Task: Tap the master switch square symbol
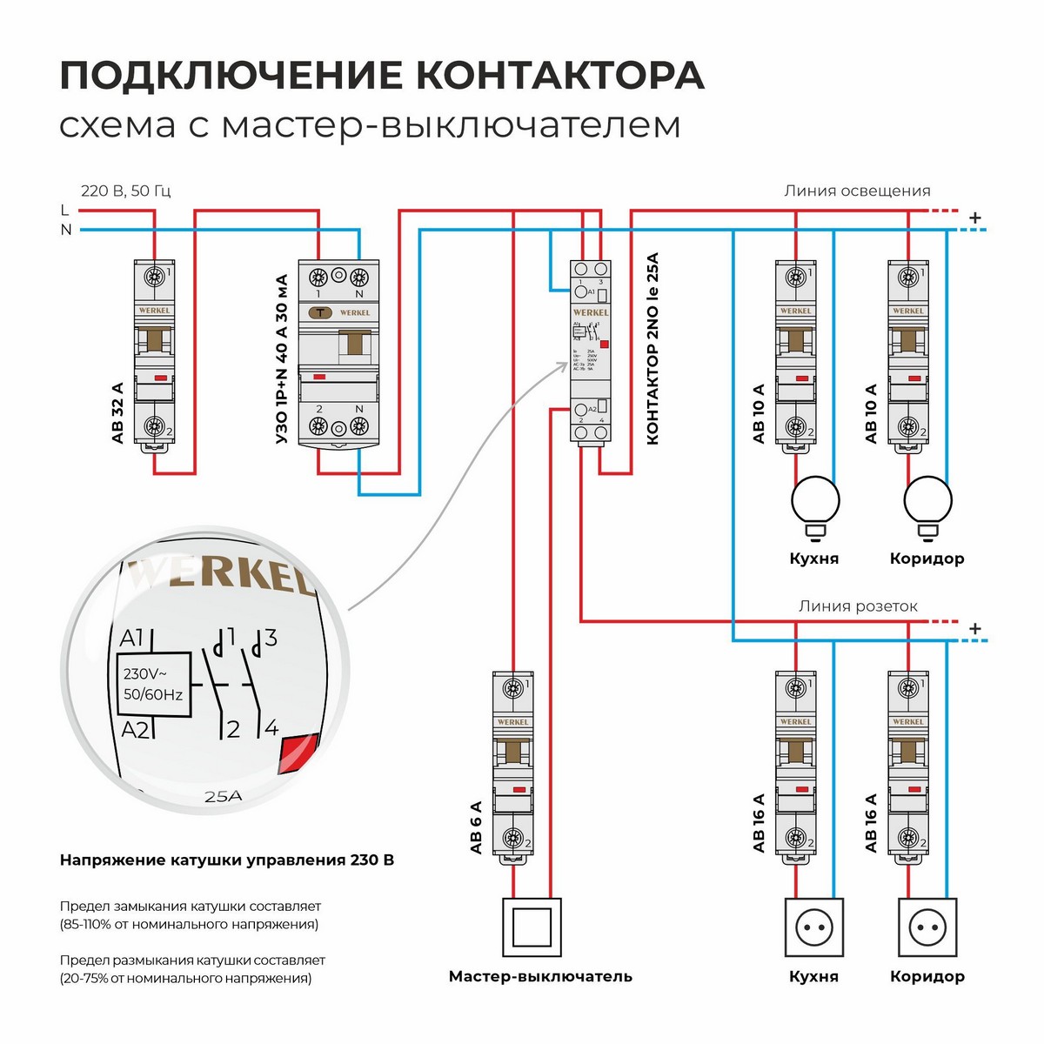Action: coord(532,927)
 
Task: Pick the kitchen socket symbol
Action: coord(815,928)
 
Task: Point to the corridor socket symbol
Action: coord(927,928)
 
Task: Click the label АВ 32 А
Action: coord(118,413)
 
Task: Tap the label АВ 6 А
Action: coord(476,826)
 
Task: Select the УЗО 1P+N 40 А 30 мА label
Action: coord(281,359)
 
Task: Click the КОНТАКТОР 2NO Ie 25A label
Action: coord(652,349)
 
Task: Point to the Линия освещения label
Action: coord(856,191)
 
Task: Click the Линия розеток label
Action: coord(858,606)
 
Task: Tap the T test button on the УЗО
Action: coord(321,312)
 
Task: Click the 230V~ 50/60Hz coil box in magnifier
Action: coord(153,683)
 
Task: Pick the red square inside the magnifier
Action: coord(291,753)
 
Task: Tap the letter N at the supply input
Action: coord(66,230)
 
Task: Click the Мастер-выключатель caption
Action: coord(540,976)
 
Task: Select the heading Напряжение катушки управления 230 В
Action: coord(226,860)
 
